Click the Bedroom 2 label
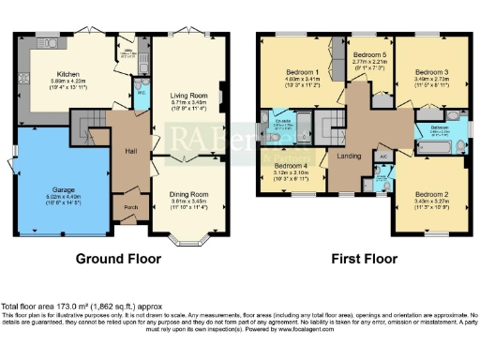432,195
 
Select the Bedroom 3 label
431,71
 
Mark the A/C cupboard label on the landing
384,156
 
